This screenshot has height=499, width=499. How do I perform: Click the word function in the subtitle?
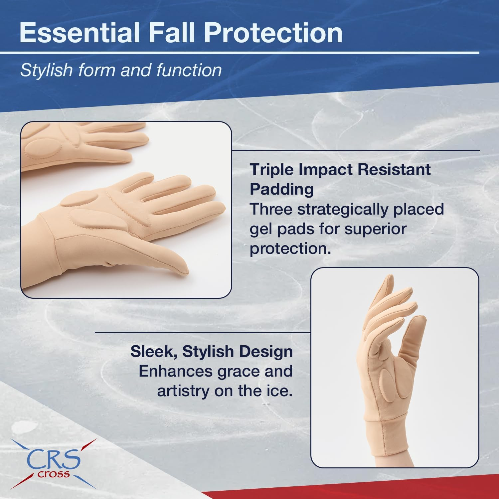(x=189, y=70)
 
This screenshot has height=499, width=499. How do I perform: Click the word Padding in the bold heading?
(x=281, y=189)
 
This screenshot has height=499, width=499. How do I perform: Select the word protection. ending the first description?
(x=290, y=248)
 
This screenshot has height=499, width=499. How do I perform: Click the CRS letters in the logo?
(x=53, y=459)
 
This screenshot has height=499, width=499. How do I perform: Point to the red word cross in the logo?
(x=54, y=474)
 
